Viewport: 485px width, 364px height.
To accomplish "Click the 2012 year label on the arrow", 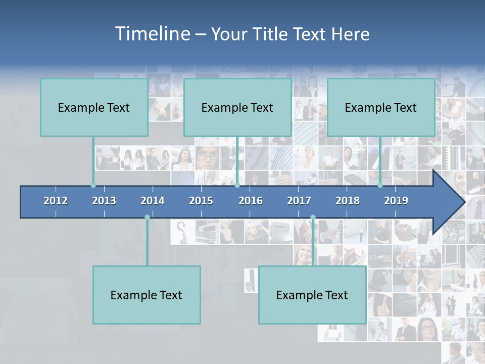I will click(56, 201).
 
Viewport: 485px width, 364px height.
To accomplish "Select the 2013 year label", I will click(104, 201).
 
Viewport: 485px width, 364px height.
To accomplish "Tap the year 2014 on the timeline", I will click(153, 201).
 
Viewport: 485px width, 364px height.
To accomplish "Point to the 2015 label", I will click(201, 201).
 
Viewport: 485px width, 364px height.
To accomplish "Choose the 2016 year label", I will click(251, 201).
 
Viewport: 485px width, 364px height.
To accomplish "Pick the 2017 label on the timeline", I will click(299, 201).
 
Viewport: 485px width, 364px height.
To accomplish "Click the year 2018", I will click(348, 201).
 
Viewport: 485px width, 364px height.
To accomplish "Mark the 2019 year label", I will click(396, 201).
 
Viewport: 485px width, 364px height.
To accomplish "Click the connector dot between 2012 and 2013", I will click(93, 186).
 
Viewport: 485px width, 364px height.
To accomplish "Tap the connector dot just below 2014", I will click(147, 217).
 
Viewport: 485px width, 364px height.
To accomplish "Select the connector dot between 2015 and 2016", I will click(237, 186).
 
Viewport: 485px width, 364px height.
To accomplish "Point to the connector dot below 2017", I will click(313, 217).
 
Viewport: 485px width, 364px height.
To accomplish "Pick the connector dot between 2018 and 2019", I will click(380, 186).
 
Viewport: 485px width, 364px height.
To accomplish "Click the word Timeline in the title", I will click(152, 34).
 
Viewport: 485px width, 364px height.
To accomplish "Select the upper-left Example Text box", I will click(94, 107).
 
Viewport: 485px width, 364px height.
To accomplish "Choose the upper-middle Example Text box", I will click(237, 107).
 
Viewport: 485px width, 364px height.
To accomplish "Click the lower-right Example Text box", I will click(312, 295).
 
